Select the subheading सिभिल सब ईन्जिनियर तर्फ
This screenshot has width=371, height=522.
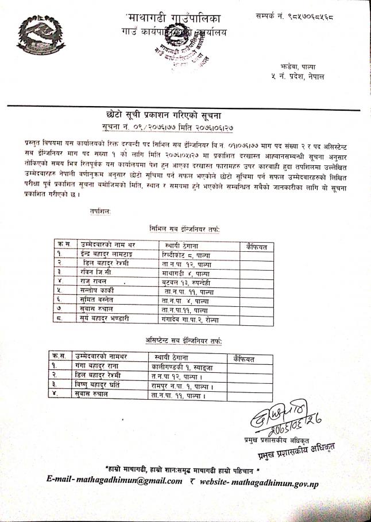[184, 230]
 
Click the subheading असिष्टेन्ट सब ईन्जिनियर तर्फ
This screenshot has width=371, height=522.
[184, 342]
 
